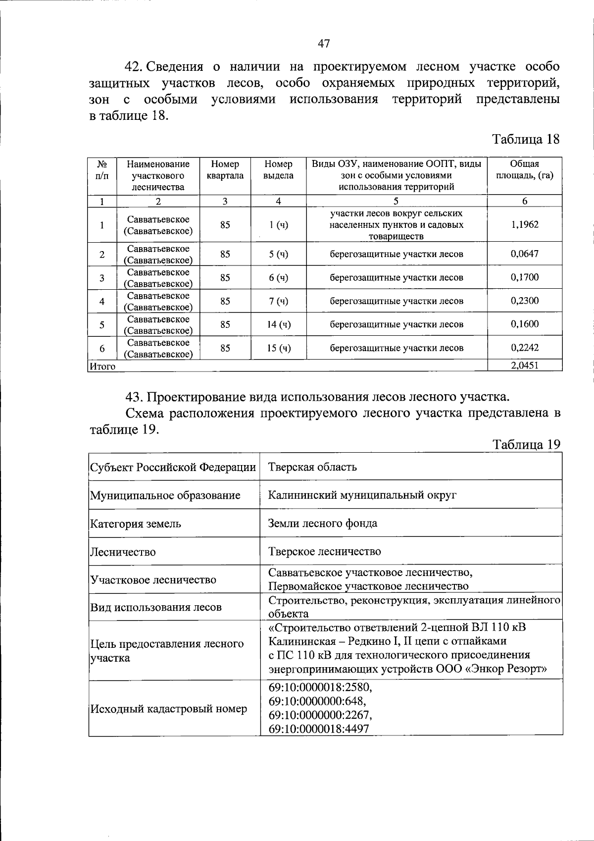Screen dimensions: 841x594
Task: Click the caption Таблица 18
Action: tap(526, 139)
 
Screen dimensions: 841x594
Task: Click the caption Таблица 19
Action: tap(527, 444)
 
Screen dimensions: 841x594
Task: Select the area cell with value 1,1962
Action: tap(525, 224)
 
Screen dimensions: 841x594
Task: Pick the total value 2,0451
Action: tap(525, 366)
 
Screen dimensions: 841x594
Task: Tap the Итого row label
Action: tap(102, 367)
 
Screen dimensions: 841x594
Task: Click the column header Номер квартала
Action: tap(225, 170)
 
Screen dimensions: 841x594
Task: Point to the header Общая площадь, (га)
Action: tap(525, 170)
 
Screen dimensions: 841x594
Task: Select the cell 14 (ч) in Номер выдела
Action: tap(279, 324)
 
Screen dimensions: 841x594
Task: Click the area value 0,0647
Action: tap(525, 254)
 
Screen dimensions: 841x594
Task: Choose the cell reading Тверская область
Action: tap(312, 467)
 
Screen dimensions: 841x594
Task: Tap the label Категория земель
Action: tap(135, 524)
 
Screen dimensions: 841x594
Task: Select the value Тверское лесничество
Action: tap(324, 551)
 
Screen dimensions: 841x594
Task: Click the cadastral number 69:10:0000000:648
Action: tap(317, 701)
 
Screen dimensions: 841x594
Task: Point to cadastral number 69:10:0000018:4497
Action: tap(319, 729)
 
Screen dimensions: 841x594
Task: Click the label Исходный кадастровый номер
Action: tap(168, 709)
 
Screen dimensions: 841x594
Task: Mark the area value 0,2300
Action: tap(525, 301)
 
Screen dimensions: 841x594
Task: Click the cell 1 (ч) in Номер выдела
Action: tap(279, 225)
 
